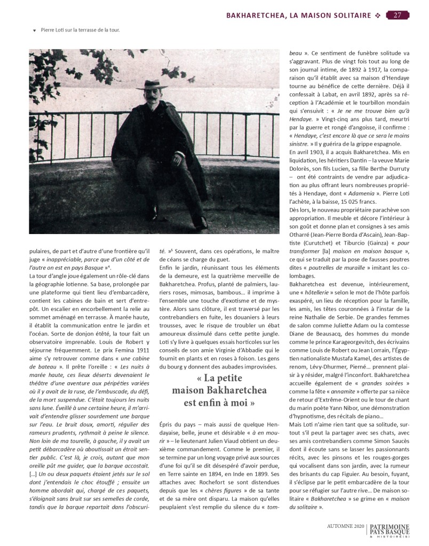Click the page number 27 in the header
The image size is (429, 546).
coord(398,14)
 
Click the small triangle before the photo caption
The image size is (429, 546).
coord(35,30)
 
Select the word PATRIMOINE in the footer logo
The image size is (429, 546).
coord(390,525)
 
